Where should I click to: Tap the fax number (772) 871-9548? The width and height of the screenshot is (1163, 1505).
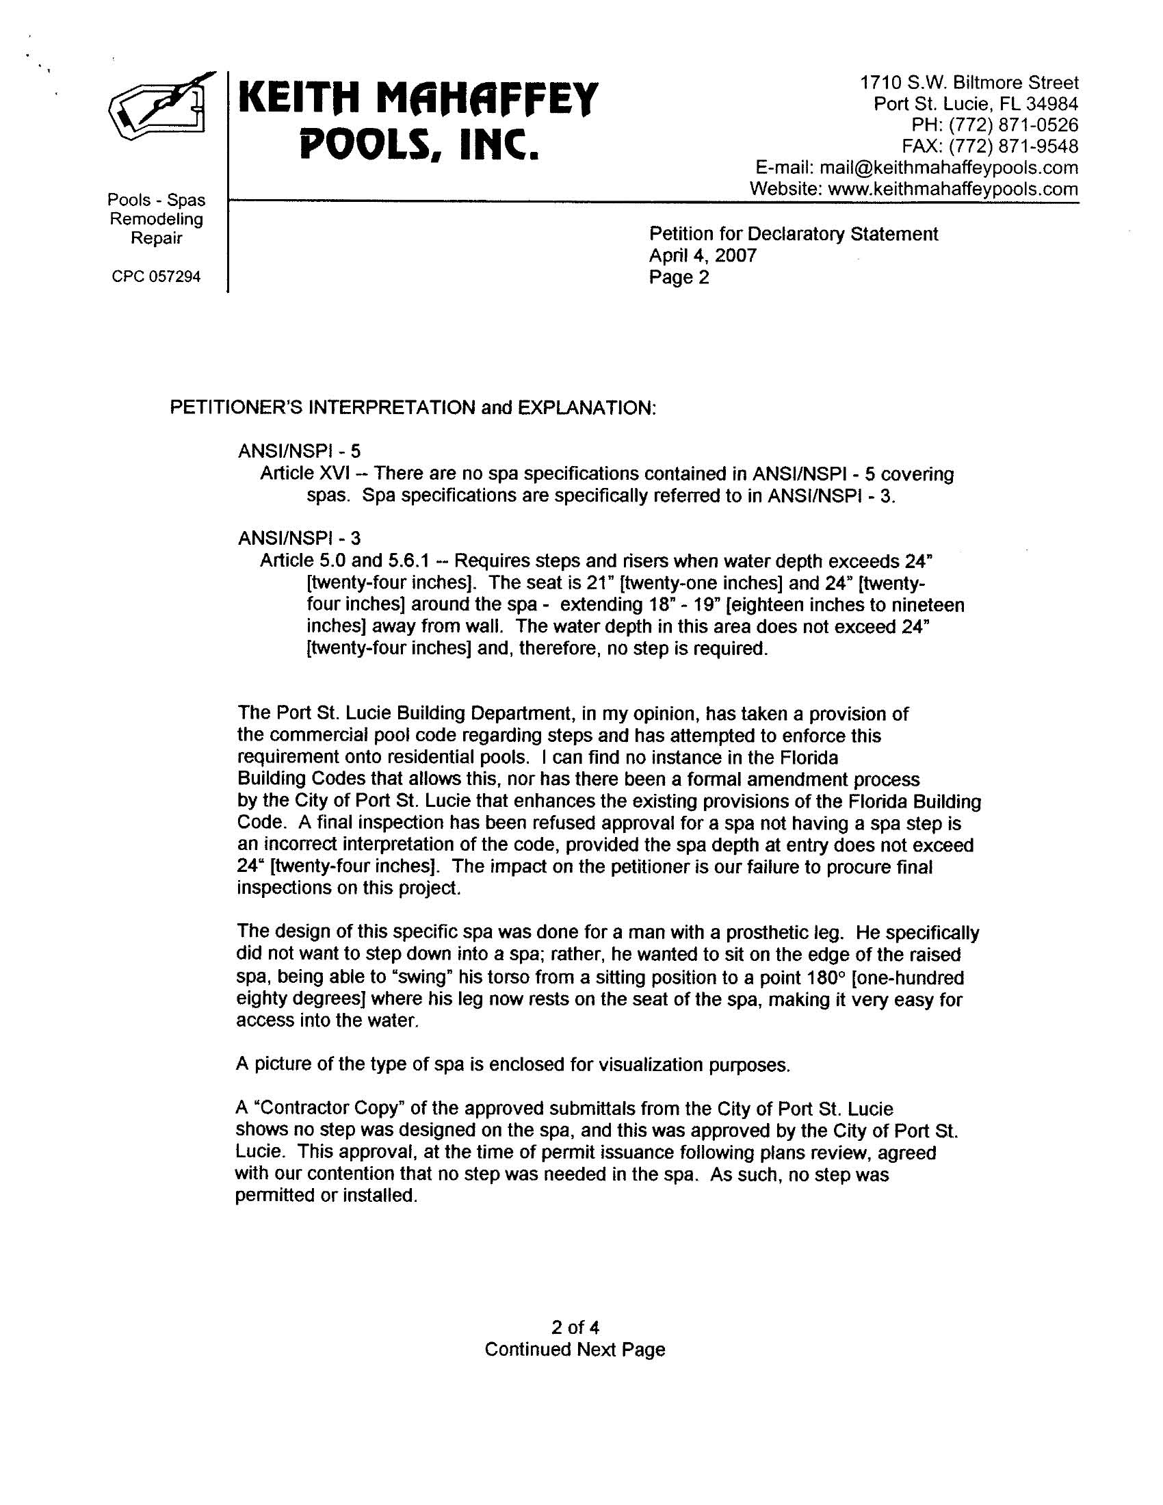click(1012, 146)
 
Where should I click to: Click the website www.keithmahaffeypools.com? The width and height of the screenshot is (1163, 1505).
click(953, 189)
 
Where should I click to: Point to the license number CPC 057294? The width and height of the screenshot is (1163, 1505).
click(157, 277)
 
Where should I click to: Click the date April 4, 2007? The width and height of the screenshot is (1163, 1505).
click(703, 257)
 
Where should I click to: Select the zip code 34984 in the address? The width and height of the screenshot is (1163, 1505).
click(1052, 104)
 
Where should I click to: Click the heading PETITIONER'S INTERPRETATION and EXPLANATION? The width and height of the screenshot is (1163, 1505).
click(413, 408)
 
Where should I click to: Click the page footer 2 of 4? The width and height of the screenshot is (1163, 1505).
click(575, 1326)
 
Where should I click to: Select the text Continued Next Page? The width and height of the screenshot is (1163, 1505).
click(575, 1349)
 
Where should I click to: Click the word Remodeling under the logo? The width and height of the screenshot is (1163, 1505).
click(157, 219)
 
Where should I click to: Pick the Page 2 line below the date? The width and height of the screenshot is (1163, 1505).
click(679, 278)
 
